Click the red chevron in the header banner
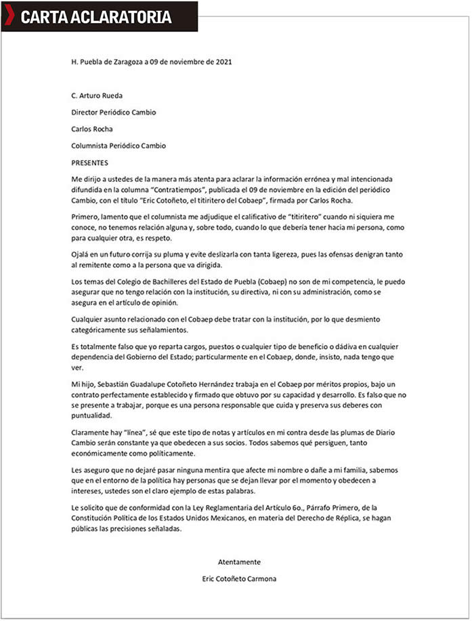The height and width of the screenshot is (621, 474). click(x=9, y=16)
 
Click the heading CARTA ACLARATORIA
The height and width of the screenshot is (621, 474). click(x=95, y=17)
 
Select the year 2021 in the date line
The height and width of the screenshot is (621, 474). click(x=223, y=62)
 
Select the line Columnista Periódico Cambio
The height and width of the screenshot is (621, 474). click(x=118, y=145)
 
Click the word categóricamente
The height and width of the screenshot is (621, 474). click(x=104, y=329)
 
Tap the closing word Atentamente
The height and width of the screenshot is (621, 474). click(x=239, y=562)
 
